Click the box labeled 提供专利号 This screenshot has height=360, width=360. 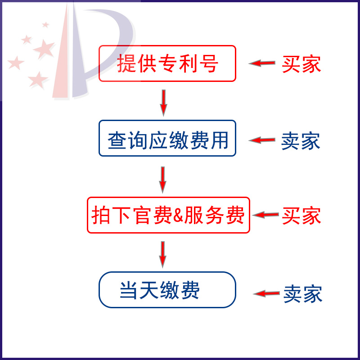[167, 63]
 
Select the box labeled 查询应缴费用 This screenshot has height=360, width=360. [167, 138]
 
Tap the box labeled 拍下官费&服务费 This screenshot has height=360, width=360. [168, 215]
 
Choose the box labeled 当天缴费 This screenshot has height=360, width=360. [167, 290]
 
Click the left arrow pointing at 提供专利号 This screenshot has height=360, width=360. [262, 63]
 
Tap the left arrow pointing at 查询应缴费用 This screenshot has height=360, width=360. [262, 140]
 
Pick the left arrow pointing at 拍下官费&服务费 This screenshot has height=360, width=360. [265, 215]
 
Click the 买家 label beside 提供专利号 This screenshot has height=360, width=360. [301, 64]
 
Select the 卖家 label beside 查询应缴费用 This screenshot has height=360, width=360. [301, 141]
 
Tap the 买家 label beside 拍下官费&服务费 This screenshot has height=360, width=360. [301, 216]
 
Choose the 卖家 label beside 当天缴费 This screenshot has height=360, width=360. [302, 294]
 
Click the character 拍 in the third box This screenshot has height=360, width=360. [101, 216]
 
